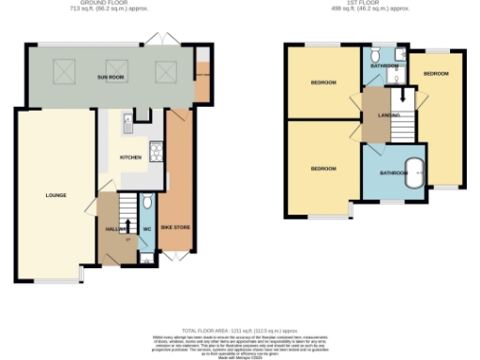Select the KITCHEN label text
130,157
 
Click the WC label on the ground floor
148,226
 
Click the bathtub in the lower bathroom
413,173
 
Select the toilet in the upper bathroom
373,55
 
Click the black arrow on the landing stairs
401,95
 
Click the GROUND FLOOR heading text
104,3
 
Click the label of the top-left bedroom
323,82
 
